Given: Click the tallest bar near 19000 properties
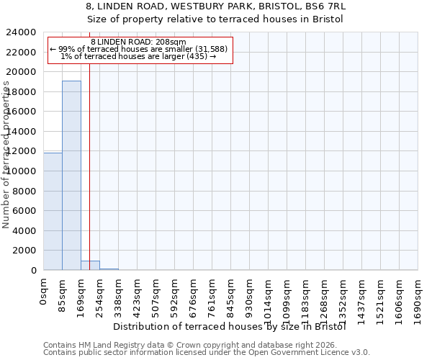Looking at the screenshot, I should pos(71,175).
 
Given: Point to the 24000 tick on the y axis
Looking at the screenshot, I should pos(21,32).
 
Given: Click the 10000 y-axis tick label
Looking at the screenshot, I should pos(21,171).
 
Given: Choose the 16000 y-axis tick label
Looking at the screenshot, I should pos(21,112).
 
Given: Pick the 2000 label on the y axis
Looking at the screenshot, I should pos(24,251).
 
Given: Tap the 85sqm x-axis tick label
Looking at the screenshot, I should pos(63,292).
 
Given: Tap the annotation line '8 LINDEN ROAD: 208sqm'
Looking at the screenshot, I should pos(139,42).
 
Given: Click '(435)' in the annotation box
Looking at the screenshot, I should pos(194,56).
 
